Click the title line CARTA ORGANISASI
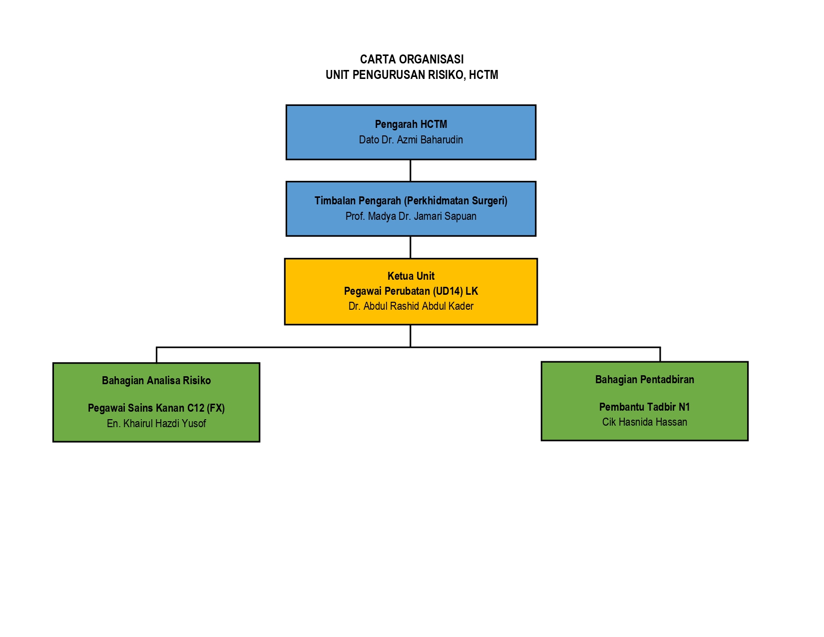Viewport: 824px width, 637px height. (412, 59)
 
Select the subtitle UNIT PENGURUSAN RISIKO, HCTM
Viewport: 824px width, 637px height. (412, 75)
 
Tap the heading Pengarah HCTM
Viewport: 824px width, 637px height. (411, 124)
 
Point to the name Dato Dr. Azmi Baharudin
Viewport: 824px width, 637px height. (411, 140)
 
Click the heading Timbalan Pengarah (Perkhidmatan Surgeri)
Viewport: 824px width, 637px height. (411, 201)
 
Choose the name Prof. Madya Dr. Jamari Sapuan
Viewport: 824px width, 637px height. (411, 216)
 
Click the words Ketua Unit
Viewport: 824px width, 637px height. (411, 276)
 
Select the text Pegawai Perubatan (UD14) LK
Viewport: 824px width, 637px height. (411, 291)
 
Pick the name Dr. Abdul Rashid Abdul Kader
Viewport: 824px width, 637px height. (411, 306)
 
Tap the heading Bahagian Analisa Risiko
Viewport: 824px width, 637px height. (156, 381)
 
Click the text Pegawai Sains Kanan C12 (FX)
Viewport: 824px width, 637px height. (156, 408)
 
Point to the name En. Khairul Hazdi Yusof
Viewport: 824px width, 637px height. (156, 424)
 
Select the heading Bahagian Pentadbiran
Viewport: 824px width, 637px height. (644, 380)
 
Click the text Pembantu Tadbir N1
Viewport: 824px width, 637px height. (644, 407)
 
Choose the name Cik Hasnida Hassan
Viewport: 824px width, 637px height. (644, 422)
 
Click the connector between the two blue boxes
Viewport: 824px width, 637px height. (411, 171)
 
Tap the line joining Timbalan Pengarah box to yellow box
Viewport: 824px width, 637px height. (411, 247)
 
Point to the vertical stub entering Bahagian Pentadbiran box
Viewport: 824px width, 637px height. (660, 354)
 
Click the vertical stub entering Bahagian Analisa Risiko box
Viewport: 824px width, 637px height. (156, 355)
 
